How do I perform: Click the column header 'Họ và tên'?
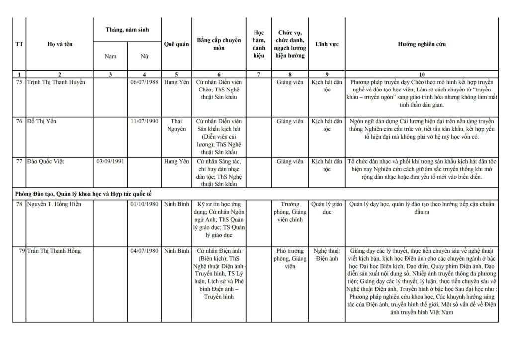(60, 44)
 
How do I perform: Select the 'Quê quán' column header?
(176, 44)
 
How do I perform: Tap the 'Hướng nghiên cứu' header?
(422, 44)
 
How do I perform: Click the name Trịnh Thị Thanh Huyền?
(56, 82)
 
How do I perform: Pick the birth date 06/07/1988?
(144, 82)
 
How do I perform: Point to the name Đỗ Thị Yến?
(42, 121)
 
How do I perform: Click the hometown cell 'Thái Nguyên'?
(176, 125)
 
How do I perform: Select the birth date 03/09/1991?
(110, 161)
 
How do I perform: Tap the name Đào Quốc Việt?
(46, 161)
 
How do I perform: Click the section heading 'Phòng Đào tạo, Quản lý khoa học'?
(86, 193)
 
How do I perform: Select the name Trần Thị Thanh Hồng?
(54, 251)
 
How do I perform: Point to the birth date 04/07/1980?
(144, 251)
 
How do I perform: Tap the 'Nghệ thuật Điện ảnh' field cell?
(327, 254)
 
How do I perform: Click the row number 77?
(19, 161)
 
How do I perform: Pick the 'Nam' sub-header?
(110, 56)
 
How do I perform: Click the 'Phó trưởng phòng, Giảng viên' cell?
(290, 258)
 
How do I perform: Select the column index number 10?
(422, 74)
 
